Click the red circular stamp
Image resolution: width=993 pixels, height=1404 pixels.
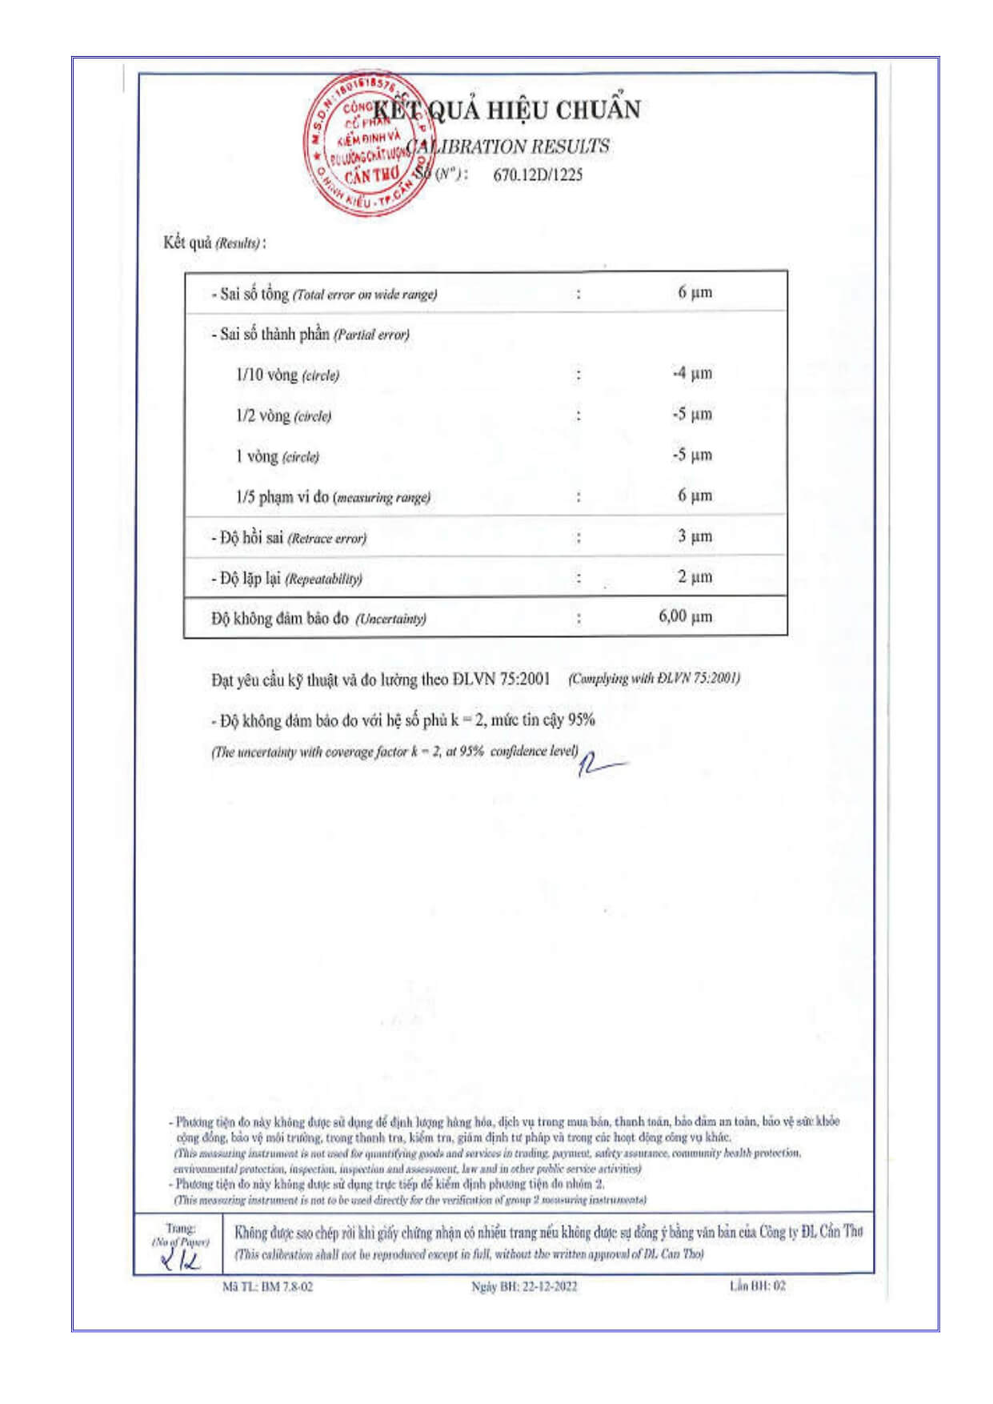click(366, 144)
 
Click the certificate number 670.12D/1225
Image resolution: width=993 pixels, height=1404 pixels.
click(538, 175)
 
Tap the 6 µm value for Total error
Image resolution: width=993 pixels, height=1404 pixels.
click(695, 292)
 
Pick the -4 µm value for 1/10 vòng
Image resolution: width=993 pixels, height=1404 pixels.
click(692, 374)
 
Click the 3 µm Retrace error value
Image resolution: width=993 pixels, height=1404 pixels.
click(695, 536)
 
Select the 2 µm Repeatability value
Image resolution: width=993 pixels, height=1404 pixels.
click(695, 577)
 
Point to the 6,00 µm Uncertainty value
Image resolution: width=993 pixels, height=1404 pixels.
click(685, 616)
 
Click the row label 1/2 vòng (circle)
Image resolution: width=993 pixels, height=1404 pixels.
click(283, 415)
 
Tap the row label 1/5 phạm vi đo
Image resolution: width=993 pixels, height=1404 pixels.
click(333, 497)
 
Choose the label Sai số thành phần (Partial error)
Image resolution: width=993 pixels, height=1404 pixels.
click(310, 335)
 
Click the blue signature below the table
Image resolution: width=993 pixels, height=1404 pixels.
click(600, 764)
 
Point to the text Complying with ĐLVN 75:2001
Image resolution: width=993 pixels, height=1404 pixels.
click(654, 679)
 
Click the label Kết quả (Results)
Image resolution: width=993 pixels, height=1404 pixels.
click(214, 243)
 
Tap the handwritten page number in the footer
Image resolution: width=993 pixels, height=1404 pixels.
click(181, 1262)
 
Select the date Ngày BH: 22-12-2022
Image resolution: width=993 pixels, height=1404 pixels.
click(524, 1286)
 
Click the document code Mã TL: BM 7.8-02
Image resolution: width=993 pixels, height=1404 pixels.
click(267, 1286)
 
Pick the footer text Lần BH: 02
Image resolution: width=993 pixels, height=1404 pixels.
click(757, 1286)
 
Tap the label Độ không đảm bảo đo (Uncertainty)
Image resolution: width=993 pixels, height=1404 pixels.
click(318, 618)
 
